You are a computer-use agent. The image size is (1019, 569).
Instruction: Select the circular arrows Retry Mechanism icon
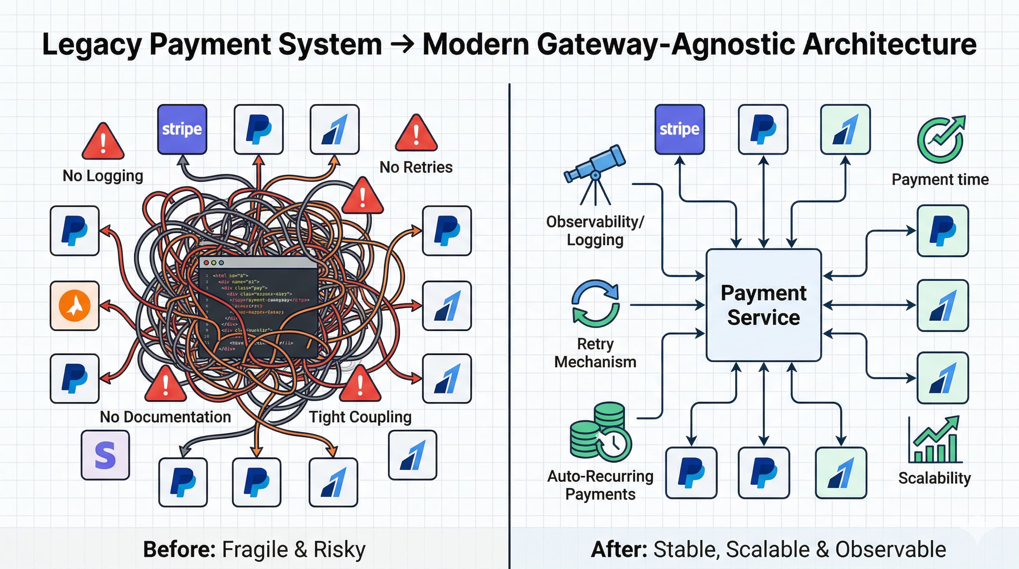595,303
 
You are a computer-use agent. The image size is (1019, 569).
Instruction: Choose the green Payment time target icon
941,139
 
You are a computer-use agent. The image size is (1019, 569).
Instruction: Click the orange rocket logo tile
75,306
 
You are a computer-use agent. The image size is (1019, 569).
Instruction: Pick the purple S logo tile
105,455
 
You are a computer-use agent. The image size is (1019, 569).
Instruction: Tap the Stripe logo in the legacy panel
182,129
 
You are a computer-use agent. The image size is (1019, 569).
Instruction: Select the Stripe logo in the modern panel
679,129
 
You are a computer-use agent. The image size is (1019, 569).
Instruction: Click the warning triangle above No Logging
103,142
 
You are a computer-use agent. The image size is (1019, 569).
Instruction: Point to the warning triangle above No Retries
416,134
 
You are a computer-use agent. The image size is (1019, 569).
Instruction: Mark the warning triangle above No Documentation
166,384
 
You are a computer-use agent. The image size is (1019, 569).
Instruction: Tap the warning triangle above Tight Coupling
360,384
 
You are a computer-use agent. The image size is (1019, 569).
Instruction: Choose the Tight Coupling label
360,417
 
